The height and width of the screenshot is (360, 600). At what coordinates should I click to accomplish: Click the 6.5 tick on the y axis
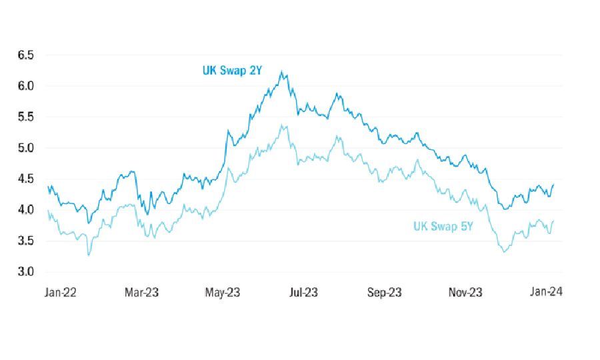pos(25,55)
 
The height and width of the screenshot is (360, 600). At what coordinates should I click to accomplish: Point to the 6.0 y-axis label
pos(25,86)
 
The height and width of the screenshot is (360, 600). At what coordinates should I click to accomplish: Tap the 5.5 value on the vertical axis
pos(25,117)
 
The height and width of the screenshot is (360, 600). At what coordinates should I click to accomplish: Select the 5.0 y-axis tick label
pos(25,148)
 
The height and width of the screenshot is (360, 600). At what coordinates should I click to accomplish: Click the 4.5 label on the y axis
pos(25,179)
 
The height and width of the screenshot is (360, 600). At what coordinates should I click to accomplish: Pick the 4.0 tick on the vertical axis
pos(25,210)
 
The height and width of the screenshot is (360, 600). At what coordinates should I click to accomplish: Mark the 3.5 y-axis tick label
pos(25,241)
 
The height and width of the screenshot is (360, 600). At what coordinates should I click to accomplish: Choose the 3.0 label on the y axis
pos(25,272)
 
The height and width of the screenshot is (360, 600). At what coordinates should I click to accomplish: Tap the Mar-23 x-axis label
pos(142,292)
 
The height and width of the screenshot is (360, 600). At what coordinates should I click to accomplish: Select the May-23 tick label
pos(223,292)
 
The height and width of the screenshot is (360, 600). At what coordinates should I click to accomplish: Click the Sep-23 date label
pos(385,292)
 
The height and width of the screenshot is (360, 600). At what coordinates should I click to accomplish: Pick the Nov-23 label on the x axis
pos(466,292)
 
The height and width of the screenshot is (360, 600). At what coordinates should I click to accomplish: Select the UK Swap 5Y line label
pos(443,227)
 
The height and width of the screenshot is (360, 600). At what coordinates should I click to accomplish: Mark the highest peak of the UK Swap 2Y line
pos(282,71)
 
